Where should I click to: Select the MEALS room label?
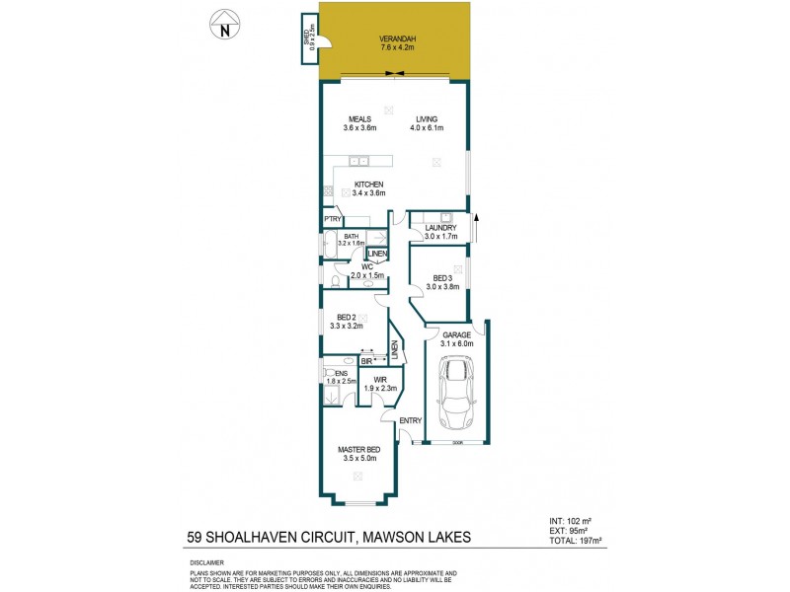pos(358,119)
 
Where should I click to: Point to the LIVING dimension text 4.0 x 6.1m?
pos(427,128)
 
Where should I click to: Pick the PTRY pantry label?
pos(332,219)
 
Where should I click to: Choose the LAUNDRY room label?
pos(439,228)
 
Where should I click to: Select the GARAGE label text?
pos(455,335)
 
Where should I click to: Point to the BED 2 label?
pos(352,316)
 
